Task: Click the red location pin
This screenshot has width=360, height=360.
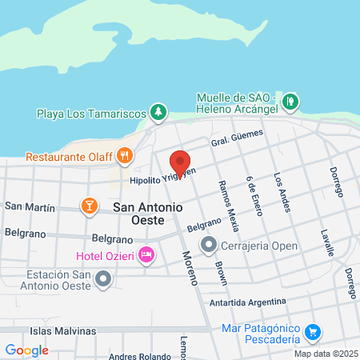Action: point(180,163)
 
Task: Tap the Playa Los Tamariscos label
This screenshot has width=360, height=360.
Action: point(94,113)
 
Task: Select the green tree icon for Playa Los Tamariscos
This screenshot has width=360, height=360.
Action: point(159,111)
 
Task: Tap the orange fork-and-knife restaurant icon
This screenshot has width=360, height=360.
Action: point(124,154)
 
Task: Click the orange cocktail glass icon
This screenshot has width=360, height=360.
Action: point(90,206)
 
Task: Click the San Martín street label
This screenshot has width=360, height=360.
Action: point(30,206)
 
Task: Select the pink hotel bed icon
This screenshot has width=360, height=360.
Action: point(146,255)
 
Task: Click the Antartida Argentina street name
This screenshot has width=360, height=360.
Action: point(247,302)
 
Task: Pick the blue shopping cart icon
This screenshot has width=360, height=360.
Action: point(314,330)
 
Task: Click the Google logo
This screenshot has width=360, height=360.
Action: point(26,350)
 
